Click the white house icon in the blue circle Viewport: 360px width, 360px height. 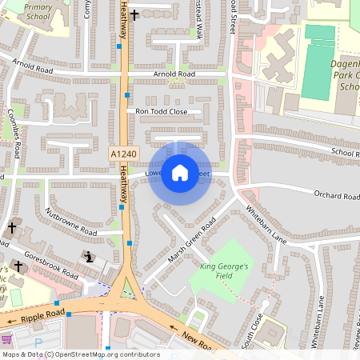click(180, 173)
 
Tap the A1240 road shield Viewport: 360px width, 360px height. click(123, 153)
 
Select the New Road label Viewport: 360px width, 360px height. click(197, 340)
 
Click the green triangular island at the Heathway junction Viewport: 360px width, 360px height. click(126, 290)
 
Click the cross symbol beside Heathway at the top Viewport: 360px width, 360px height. click(134, 14)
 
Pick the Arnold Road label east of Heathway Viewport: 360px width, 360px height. click(174, 74)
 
